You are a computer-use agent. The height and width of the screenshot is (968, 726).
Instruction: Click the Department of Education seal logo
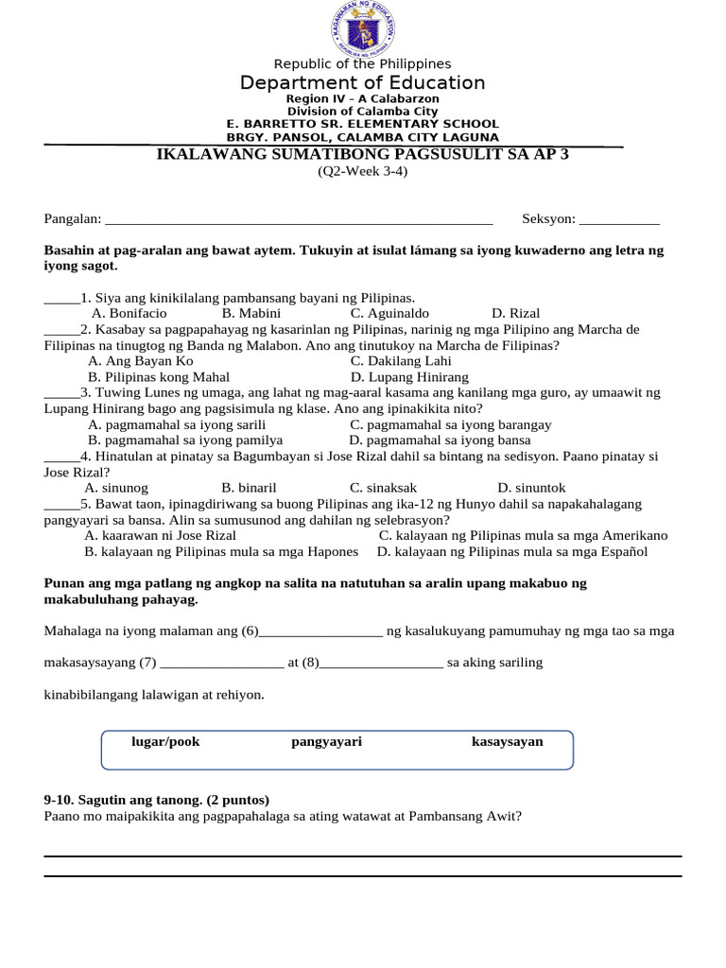pos(362,28)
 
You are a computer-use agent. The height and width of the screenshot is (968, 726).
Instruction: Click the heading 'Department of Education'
pos(362,83)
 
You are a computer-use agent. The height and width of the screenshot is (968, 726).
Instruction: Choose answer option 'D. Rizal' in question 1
pos(515,313)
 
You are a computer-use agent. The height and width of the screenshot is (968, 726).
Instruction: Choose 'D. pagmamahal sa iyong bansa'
pos(440,441)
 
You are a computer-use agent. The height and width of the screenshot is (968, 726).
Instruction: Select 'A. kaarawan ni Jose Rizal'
pos(160,535)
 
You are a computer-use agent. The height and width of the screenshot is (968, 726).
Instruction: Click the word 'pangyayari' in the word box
pos(326,742)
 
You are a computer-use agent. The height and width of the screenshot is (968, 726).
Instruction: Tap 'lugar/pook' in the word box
pos(165,742)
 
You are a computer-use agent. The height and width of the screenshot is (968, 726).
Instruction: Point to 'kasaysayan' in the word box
pos(507,742)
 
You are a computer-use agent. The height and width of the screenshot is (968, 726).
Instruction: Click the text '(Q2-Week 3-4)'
pos(362,172)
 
